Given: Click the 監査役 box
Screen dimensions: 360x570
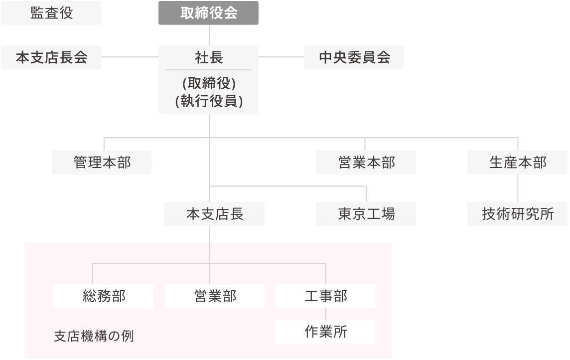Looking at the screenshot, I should tap(52, 13).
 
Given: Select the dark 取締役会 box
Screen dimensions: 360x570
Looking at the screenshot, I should tap(208, 13).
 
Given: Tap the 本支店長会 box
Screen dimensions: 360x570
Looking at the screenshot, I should tap(52, 57).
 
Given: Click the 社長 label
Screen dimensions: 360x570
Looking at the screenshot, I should tap(209, 57).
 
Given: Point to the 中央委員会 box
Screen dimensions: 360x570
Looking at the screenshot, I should tap(354, 57).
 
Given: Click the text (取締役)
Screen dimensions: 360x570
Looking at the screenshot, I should tap(209, 84).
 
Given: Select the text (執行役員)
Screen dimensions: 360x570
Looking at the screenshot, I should tap(209, 101).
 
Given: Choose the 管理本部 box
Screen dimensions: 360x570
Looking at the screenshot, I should tap(102, 162).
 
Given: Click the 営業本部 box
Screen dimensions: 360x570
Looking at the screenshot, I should tap(366, 162).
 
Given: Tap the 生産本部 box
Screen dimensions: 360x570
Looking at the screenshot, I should tap(518, 162).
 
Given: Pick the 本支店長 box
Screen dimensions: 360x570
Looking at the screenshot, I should tap(215, 214).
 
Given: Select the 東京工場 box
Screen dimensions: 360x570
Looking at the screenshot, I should tap(366, 214).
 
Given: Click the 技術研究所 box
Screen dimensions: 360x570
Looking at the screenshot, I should tap(518, 214).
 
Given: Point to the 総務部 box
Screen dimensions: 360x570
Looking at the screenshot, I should tap(104, 296).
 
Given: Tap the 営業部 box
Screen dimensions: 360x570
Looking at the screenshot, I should tap(214, 296).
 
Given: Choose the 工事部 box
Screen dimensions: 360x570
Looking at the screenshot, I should tap(325, 296).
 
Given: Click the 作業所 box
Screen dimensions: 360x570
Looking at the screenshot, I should tap(325, 332).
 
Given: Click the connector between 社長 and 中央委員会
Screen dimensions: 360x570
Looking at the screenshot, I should tap(281, 57).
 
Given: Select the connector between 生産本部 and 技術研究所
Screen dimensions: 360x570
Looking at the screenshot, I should tap(518, 187).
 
